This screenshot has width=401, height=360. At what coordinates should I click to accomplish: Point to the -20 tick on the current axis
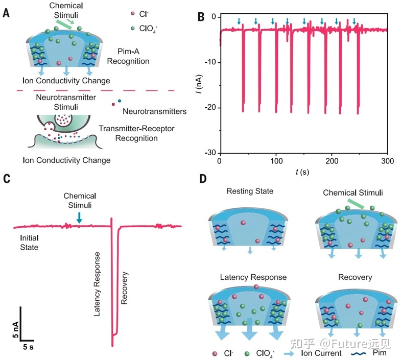click(209, 108)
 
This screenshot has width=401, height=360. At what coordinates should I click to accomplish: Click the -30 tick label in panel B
click(209, 153)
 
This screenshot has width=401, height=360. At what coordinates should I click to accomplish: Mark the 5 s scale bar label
click(28, 347)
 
